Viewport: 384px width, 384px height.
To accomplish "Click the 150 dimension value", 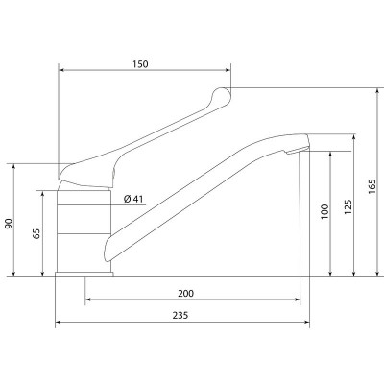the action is tap(140, 64).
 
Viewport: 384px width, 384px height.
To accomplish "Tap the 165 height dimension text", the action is tap(372, 186).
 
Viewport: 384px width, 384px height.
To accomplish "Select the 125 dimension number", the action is tap(348, 206).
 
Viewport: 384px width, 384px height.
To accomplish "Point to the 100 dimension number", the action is tap(324, 211).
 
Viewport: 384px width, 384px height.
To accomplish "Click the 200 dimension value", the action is tap(186, 293).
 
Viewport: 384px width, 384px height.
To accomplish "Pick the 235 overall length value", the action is tap(180, 316).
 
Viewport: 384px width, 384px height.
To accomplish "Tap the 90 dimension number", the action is tap(9, 224).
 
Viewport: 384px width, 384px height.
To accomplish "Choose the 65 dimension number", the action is tap(36, 233).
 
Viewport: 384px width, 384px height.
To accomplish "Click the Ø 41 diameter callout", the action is tap(133, 199).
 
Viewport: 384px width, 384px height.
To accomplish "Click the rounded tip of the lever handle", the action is tap(224, 95).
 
